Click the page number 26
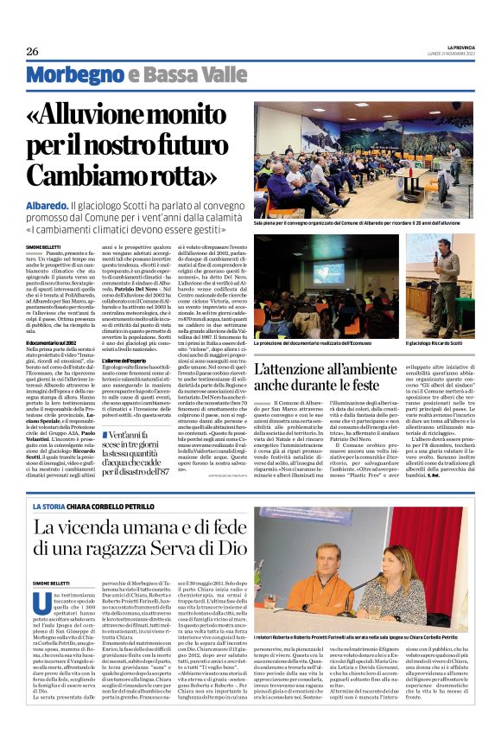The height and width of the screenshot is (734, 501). click(x=32, y=51)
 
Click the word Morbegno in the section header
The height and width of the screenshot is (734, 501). click(x=72, y=76)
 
